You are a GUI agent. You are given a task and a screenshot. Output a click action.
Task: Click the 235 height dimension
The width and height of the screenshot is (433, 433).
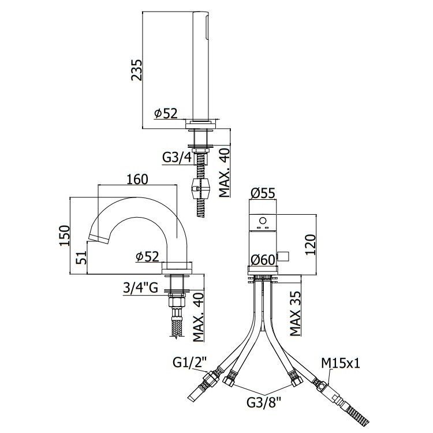pos(136,70)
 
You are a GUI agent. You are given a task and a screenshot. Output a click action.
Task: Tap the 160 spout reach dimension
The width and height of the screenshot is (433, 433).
pos(137,179)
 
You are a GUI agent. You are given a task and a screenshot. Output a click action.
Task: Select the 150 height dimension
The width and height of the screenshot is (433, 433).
pos(64,236)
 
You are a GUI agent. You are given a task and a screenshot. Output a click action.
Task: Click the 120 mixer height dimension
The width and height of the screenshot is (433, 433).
pos(310,245)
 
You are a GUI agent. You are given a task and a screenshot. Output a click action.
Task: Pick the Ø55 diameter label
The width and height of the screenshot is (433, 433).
pos(263,193)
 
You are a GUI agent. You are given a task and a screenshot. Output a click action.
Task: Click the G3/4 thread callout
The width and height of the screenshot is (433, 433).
pos(177,158)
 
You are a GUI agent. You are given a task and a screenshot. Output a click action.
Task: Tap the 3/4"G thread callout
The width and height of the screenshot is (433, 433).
pos(140,288)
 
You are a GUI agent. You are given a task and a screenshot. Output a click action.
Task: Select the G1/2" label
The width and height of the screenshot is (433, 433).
pos(190,363)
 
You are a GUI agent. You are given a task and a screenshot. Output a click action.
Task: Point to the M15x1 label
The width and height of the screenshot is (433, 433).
pos(341,363)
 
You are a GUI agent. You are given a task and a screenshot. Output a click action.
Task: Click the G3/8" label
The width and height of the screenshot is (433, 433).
pos(264,402)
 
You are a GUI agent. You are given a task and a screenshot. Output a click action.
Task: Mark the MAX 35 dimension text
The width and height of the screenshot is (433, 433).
pos(295,313)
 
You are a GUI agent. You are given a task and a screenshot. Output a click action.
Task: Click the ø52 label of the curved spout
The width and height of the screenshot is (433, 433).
pos(147,256)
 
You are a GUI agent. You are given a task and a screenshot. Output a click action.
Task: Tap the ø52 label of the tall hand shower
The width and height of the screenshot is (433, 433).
pos(166,113)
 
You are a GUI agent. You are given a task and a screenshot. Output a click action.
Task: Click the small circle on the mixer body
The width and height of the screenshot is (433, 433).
pos(263,221)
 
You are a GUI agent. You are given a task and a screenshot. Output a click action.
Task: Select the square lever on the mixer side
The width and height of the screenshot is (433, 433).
pos(283,256)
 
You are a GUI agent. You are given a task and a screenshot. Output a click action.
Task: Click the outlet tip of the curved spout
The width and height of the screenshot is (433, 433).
pos(98,239)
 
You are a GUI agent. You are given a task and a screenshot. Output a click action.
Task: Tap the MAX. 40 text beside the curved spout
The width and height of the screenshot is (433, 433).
pos(198,317)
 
